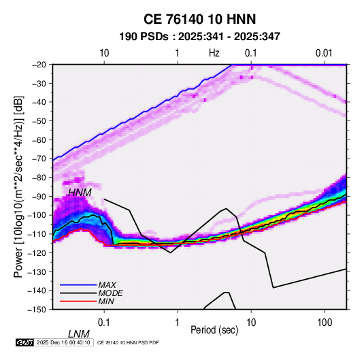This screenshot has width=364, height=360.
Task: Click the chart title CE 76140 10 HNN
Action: click(199, 19)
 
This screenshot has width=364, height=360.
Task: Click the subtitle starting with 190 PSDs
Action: click(199, 37)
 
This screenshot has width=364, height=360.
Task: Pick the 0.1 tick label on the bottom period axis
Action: click(104, 323)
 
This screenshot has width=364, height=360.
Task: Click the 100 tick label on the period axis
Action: click(325, 323)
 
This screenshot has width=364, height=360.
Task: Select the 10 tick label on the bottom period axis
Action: click(251, 323)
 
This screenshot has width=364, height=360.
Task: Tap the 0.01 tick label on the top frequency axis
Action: click(324, 53)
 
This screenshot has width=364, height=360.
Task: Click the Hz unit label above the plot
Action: click(214, 53)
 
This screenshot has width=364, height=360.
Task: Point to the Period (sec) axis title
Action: click(214, 330)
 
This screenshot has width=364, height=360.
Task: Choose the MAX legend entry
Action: click(107, 284)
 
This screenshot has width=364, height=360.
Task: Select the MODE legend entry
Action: click(110, 293)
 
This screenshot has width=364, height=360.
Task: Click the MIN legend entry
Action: click(106, 301)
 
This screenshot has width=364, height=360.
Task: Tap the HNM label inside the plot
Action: click(80, 193)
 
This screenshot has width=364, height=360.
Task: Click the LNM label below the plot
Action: click(79, 334)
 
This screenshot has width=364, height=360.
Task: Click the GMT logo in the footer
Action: click(24, 342)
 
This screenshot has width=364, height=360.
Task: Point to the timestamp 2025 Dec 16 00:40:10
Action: click(63, 342)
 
